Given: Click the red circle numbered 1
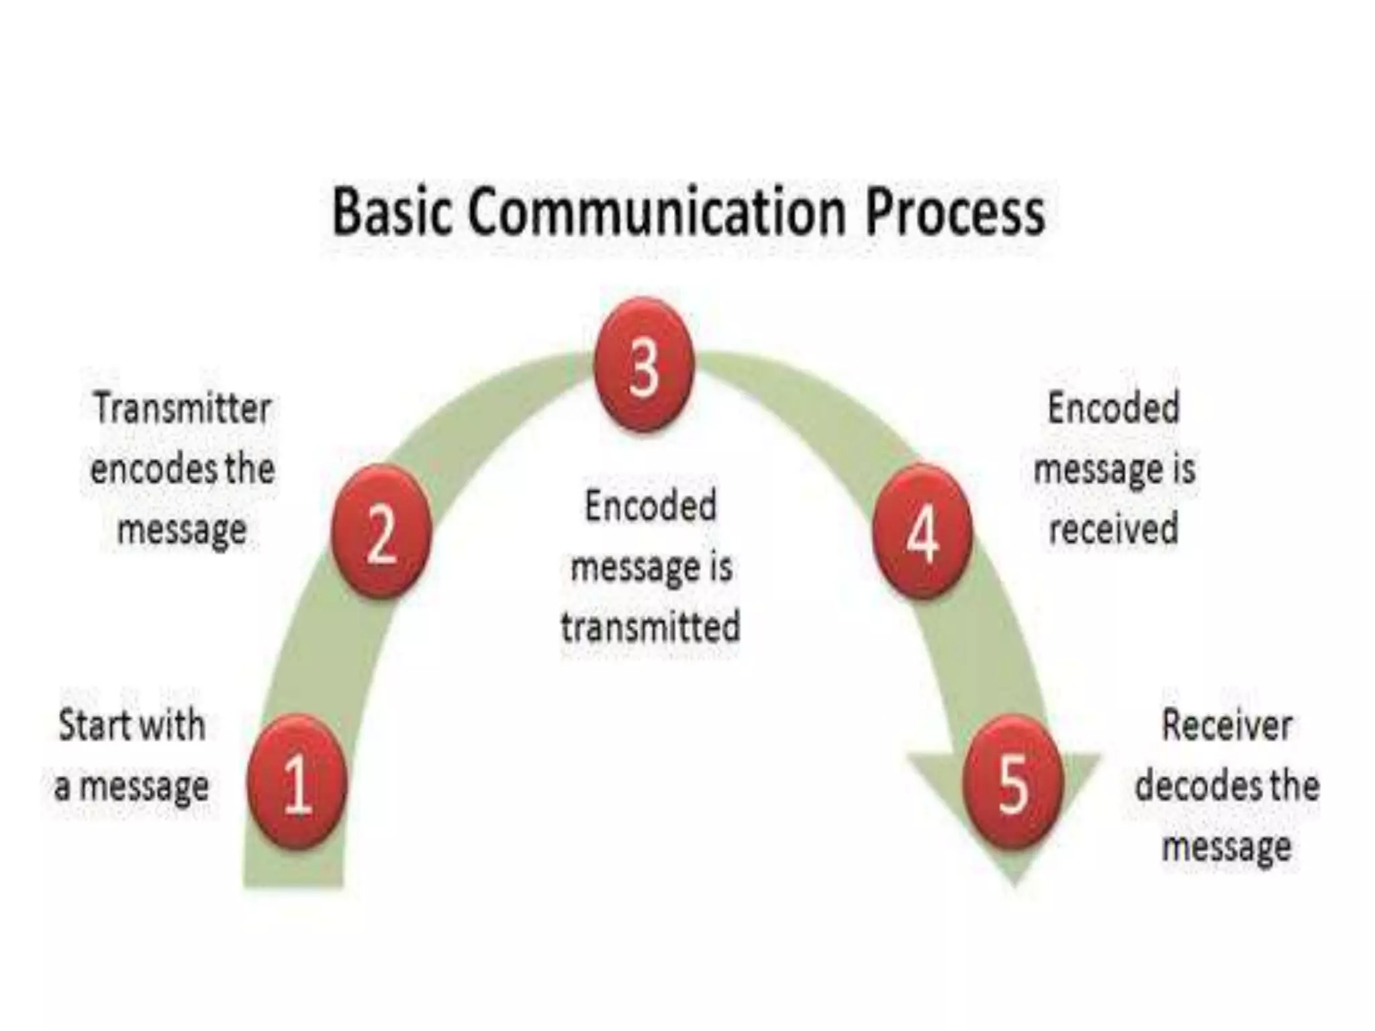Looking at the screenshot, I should (297, 783).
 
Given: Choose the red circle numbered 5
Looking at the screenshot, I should (1013, 783).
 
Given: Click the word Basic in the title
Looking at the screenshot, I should (391, 212).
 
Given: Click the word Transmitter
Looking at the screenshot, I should (182, 408).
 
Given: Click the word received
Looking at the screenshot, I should (1113, 529).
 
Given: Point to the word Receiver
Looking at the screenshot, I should (1227, 726).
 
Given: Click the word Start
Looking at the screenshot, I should (93, 725).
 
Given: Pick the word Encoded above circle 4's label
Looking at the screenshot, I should (1113, 408).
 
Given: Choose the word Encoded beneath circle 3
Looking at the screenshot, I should (651, 506).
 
